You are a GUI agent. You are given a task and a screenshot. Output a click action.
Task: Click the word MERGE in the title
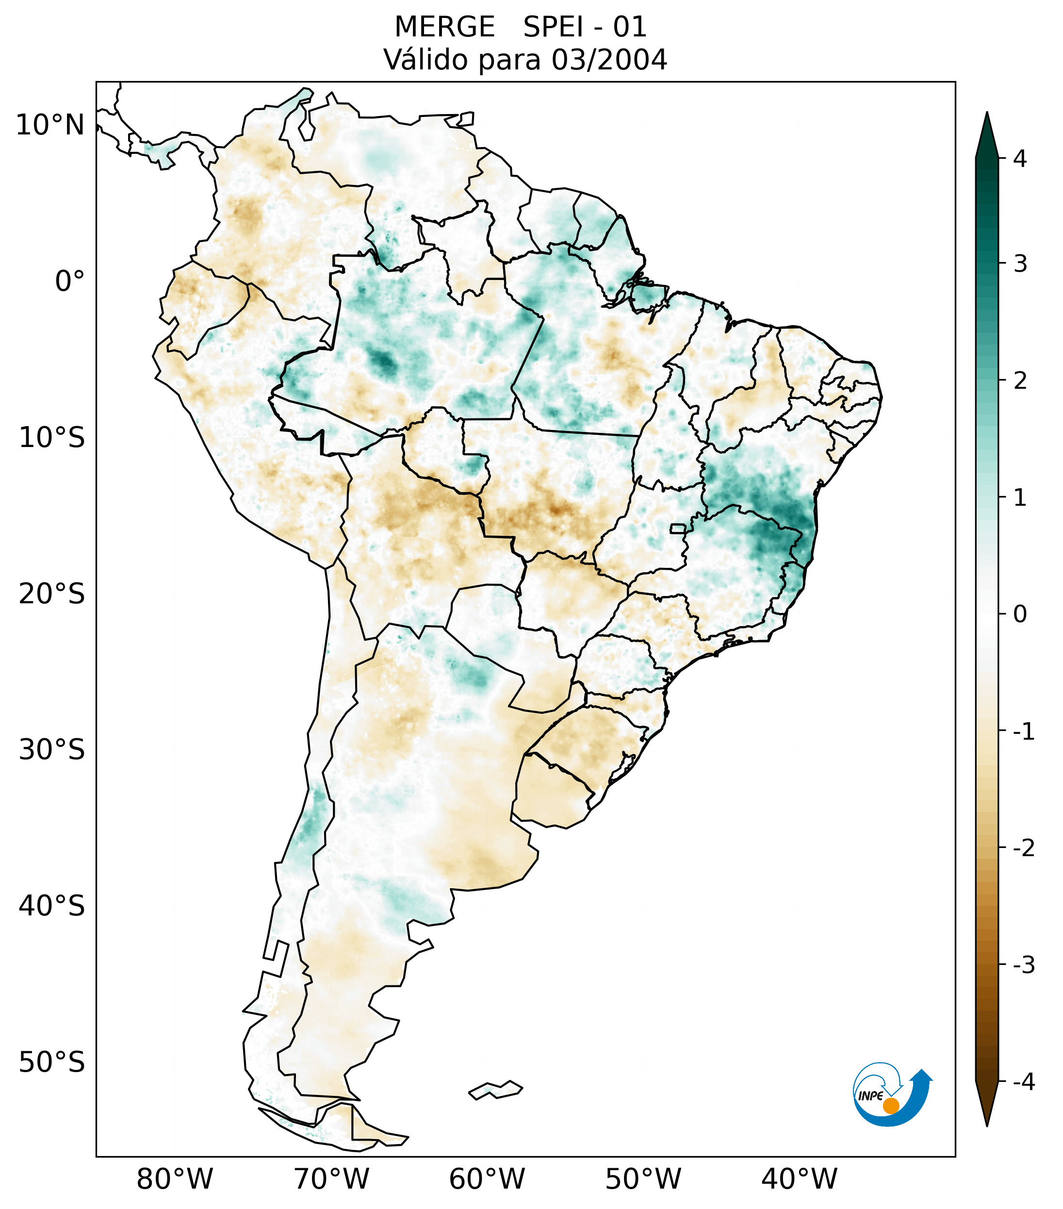tap(444, 27)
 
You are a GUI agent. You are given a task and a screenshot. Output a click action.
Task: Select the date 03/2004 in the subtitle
tap(609, 60)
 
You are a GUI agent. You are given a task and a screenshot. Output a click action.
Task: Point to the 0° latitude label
tap(70, 282)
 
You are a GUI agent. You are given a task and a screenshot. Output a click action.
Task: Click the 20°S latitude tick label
tap(52, 594)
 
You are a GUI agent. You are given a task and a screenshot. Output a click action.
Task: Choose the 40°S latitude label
tap(52, 906)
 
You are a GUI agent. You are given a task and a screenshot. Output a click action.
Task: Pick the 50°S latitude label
tap(52, 1063)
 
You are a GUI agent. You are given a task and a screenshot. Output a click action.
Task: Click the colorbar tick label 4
tap(1020, 159)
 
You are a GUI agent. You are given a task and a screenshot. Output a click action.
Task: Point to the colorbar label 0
tap(1020, 614)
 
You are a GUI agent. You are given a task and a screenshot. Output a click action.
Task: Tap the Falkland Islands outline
tap(495, 1090)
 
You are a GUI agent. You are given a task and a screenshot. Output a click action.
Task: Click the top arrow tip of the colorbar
tap(986, 116)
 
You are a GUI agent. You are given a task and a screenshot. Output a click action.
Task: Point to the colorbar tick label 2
tap(1020, 381)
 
